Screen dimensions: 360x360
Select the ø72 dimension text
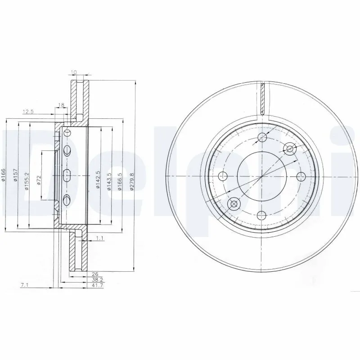pos(39,180)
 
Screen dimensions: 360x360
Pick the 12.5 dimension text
pos(28,112)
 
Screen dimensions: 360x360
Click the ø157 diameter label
pos(16,176)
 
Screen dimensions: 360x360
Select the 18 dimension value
pos(61,106)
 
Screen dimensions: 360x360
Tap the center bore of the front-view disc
pos(261,176)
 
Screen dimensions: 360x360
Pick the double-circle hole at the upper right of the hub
pos(290,148)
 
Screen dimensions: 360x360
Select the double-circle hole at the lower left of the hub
pos(233,205)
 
